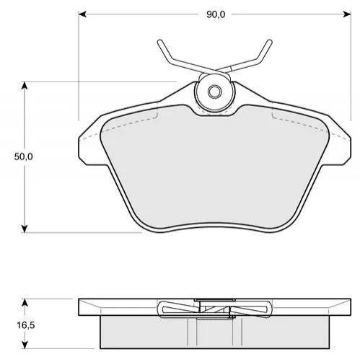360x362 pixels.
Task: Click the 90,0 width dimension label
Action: pos(216,15)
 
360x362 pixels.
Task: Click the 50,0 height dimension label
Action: pos(23,157)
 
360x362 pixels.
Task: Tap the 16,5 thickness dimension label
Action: pos(26,325)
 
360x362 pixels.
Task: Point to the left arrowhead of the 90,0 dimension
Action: pos(82,14)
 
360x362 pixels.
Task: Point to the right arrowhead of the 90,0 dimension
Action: pos(347,14)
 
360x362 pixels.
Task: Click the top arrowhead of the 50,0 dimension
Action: pos(24,86)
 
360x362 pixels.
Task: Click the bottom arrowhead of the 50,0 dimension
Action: pos(24,229)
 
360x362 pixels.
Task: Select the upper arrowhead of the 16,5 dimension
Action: pos(25,303)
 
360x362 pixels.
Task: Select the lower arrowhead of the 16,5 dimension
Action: pos(25,345)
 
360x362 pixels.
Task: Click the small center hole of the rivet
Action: pos(214,92)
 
